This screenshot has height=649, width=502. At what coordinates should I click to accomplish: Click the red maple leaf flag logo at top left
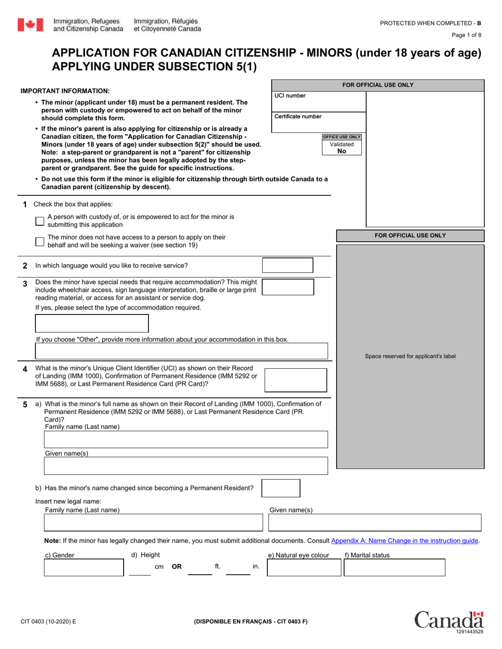[30, 24]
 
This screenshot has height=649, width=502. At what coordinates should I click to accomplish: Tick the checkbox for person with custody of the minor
[40, 221]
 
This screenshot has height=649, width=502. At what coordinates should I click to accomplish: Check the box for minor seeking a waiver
[40, 241]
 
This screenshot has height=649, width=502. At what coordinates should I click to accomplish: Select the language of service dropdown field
[287, 265]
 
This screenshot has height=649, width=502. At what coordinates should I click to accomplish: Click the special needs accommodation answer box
[287, 287]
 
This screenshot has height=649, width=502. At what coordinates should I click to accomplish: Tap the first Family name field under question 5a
[185, 440]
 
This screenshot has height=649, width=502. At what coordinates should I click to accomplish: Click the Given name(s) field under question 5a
[185, 466]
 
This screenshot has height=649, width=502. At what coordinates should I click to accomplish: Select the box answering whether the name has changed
[281, 488]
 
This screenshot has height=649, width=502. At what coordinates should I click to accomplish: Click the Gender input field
[83, 568]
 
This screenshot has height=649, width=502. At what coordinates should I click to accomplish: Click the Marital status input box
[394, 568]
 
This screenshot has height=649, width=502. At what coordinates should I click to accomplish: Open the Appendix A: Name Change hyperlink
[405, 540]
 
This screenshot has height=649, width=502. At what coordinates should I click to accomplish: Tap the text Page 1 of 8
[467, 35]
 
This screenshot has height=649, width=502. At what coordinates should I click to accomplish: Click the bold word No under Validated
[342, 151]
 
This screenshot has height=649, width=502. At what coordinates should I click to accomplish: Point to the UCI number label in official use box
[290, 96]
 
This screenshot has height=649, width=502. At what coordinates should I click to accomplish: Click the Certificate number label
[298, 117]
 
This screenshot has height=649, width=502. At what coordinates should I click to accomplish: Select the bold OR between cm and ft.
[177, 567]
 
